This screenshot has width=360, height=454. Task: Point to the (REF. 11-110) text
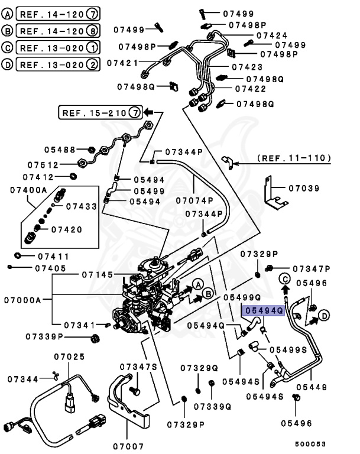[x=294, y=158]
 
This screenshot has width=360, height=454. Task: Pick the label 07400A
[x=28, y=190]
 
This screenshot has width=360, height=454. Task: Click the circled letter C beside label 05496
[x=284, y=279]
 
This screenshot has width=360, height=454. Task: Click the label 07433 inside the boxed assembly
[x=81, y=206]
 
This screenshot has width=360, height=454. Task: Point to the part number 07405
[x=49, y=268]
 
